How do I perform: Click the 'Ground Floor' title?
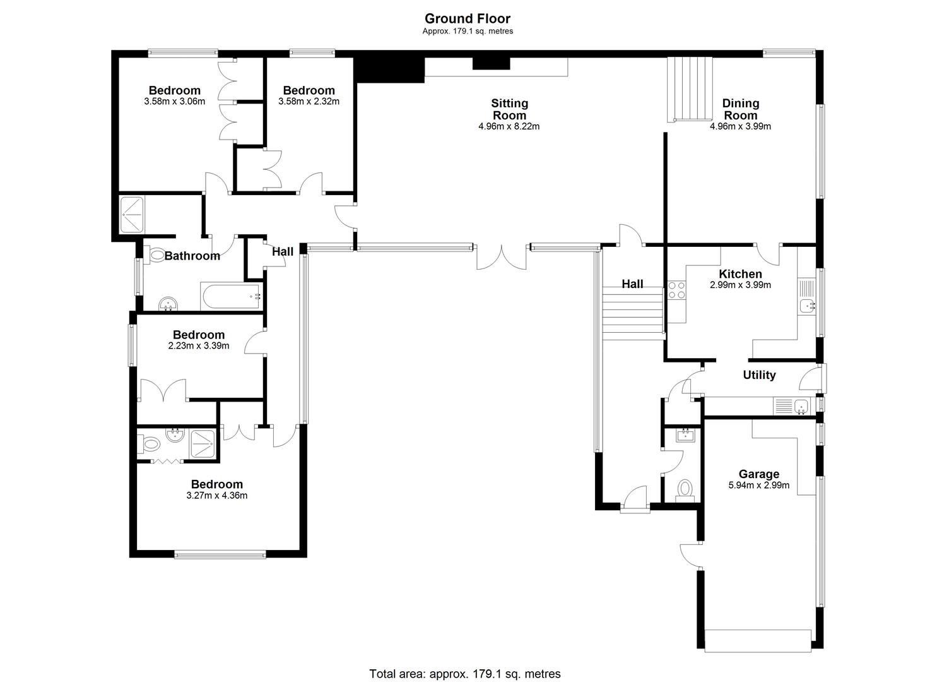point(468,18)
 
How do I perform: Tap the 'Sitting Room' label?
point(509,109)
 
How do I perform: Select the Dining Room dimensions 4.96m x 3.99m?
point(740,126)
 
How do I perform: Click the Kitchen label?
point(740,274)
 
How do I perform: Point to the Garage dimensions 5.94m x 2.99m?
point(759,485)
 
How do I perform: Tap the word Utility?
point(759,374)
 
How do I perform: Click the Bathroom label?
point(192,256)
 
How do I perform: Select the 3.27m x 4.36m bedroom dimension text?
point(216,495)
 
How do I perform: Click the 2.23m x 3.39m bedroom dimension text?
point(199,346)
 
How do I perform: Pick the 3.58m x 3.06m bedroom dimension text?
point(174,101)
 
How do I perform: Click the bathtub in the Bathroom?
point(232,296)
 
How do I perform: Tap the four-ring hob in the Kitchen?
point(676,290)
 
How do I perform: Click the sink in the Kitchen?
point(807,306)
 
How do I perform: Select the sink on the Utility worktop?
point(801,406)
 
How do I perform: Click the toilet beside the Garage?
point(685,491)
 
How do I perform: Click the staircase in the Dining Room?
point(690,90)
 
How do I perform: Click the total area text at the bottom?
point(465,674)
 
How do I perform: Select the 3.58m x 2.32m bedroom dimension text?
point(309,101)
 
